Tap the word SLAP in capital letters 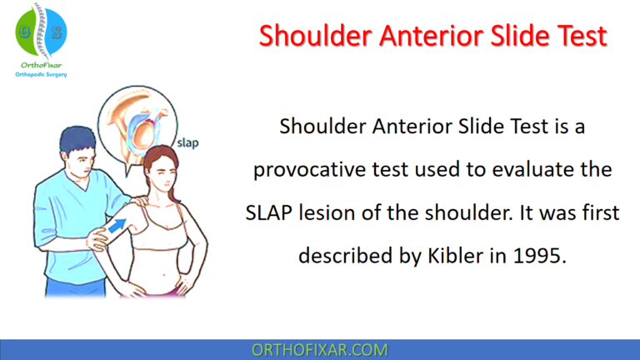tap(268, 212)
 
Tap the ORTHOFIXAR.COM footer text tap(319, 349)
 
